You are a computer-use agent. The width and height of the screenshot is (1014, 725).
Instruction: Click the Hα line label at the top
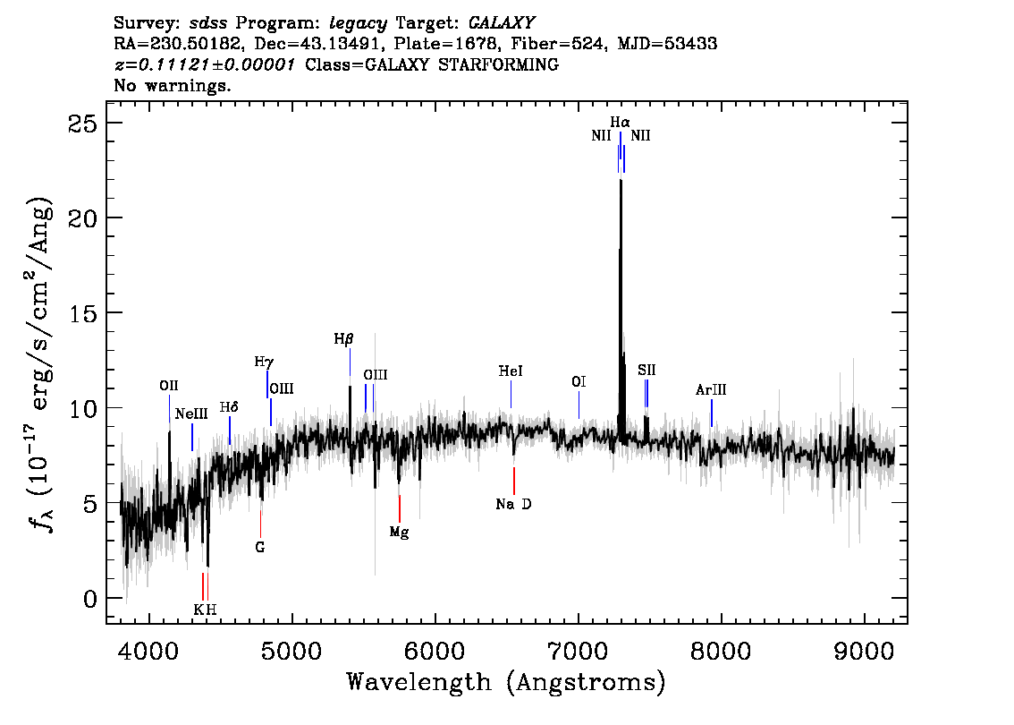click(x=620, y=122)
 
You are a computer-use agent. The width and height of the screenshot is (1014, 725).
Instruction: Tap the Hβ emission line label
click(x=343, y=339)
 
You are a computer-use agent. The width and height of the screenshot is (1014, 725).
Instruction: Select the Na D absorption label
click(x=513, y=505)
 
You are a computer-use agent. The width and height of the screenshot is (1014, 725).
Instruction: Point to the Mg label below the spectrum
click(x=399, y=533)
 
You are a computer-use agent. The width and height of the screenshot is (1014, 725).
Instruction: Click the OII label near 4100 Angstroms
click(x=169, y=386)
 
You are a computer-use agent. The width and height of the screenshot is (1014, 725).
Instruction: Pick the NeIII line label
click(x=191, y=414)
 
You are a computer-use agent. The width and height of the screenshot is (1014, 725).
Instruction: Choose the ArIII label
click(x=711, y=390)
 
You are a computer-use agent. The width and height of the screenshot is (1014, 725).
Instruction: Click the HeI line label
click(x=511, y=371)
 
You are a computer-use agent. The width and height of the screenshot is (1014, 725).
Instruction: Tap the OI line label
click(x=579, y=382)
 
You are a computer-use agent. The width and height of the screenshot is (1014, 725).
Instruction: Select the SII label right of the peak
click(x=646, y=370)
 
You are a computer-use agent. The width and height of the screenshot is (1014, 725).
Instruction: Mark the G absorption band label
click(x=260, y=546)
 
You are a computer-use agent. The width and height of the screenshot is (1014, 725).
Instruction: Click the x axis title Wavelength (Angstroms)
click(x=505, y=683)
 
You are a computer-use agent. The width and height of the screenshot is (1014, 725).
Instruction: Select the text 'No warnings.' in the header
click(x=173, y=86)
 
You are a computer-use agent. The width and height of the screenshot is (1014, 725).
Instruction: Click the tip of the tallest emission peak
click(x=621, y=179)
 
